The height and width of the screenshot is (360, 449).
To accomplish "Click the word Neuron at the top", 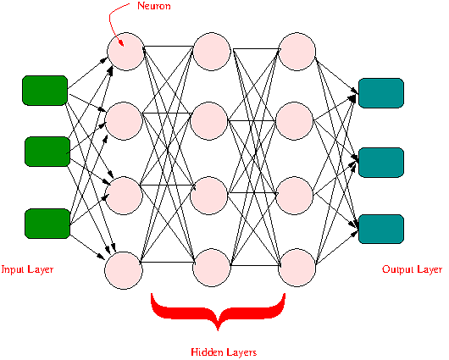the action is click(x=154, y=6).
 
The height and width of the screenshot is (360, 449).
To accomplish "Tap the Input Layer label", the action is click(x=27, y=269).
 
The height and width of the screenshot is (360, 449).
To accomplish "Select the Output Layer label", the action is click(x=412, y=269).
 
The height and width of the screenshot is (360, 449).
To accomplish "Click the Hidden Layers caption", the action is click(x=224, y=352).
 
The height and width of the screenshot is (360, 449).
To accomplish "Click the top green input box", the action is click(x=45, y=91).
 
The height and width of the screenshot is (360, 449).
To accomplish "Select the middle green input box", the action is click(x=47, y=152).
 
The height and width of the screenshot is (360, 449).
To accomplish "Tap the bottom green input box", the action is click(x=47, y=224).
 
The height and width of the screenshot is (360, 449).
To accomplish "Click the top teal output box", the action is click(x=381, y=93).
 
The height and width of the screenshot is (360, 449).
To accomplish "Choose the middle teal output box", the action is click(x=381, y=163).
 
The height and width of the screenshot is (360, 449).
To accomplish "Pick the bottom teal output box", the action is click(x=381, y=229).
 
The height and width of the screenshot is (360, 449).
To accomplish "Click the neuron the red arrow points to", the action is click(x=125, y=52).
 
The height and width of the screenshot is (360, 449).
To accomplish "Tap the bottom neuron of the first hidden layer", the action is click(x=124, y=270).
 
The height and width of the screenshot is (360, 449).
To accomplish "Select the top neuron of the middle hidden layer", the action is click(x=212, y=52).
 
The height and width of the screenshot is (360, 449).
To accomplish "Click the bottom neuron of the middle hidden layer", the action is click(x=212, y=268).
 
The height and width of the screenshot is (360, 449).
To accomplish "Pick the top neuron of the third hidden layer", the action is click(x=297, y=52).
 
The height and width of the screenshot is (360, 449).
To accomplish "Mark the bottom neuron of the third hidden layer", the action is click(x=297, y=268).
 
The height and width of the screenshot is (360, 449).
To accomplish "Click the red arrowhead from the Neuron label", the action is click(x=121, y=43).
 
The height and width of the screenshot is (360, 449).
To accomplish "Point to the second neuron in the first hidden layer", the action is click(x=124, y=121).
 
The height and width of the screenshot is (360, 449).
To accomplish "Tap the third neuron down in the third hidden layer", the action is click(x=294, y=196).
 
